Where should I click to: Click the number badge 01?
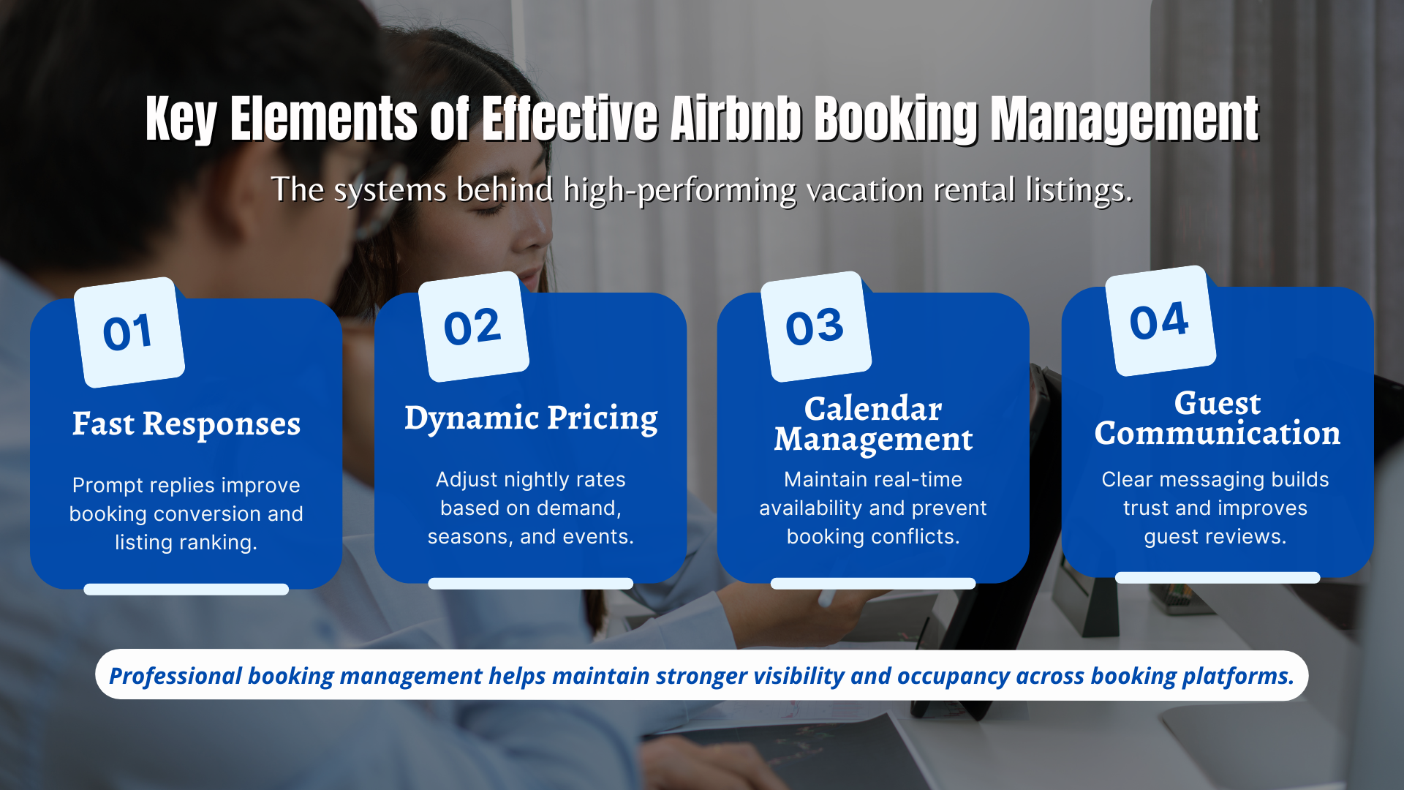click(x=129, y=333)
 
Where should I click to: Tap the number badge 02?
click(x=473, y=327)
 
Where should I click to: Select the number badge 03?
click(x=815, y=327)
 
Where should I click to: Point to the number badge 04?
click(x=1160, y=321)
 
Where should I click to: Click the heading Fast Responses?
click(x=186, y=424)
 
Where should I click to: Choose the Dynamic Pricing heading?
click(x=531, y=418)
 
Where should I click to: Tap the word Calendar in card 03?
click(x=873, y=408)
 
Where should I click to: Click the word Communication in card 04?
click(x=1218, y=434)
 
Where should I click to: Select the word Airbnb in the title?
click(x=736, y=118)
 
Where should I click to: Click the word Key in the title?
click(x=181, y=118)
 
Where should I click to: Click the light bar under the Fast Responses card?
click(x=186, y=590)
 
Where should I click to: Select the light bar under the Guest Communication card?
click(x=1218, y=578)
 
